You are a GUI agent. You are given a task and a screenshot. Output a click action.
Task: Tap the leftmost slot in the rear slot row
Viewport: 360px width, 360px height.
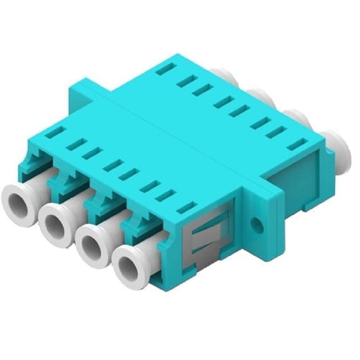pyautogui.click(x=165, y=69)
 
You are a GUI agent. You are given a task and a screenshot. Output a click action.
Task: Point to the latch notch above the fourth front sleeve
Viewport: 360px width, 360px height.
pyautogui.click(x=139, y=225)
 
